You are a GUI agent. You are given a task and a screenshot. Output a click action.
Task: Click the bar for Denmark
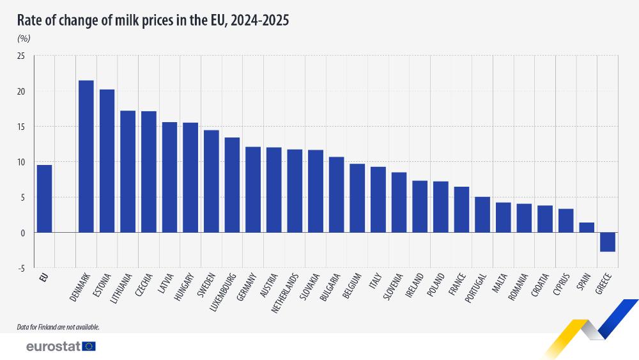(x=86, y=157)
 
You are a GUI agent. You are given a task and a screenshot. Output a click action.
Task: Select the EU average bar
(x=44, y=199)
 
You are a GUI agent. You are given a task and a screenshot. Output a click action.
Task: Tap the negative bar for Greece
(x=607, y=242)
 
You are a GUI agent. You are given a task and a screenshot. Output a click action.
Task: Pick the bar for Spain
(x=586, y=228)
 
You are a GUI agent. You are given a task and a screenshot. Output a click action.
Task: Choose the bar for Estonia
(x=107, y=161)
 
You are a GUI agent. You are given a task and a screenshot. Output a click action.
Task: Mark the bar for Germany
(x=252, y=190)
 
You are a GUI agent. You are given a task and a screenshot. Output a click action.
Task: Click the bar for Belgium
(x=357, y=198)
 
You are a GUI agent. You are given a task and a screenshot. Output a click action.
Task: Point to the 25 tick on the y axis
(x=20, y=56)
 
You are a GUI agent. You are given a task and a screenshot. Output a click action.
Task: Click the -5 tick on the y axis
(x=21, y=268)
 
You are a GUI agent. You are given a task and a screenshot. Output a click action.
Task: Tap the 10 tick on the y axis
(x=20, y=162)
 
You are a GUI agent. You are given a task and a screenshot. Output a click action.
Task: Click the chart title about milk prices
(x=153, y=20)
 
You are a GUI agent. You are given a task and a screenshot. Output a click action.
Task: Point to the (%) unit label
(x=24, y=38)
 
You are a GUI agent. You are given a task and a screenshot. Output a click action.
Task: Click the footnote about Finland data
(x=58, y=327)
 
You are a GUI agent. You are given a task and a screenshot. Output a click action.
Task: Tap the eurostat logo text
(x=53, y=347)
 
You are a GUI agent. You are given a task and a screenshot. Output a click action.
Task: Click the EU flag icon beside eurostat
(x=89, y=347)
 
